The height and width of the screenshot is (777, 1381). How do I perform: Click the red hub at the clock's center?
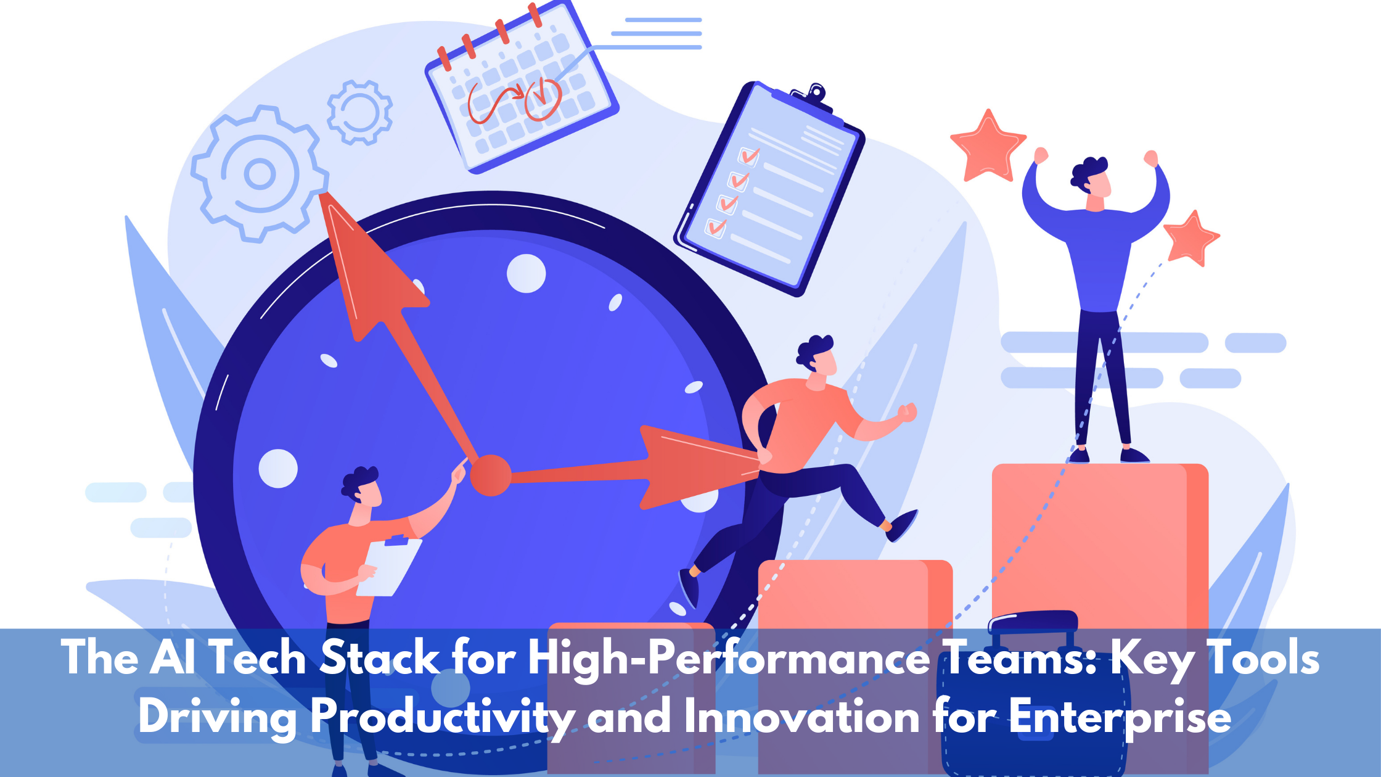coord(491,475)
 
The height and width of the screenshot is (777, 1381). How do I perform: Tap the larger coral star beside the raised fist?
coord(988,148)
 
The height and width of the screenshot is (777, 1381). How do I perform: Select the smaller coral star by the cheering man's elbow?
coord(1191,238)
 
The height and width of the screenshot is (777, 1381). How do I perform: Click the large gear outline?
coord(260,173)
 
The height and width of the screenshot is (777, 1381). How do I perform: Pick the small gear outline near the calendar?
coord(359,112)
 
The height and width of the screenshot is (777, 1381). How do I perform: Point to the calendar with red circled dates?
coord(522,89)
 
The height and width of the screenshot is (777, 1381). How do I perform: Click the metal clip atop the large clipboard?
coord(813,96)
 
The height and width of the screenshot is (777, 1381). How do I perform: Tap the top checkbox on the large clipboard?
coord(749,155)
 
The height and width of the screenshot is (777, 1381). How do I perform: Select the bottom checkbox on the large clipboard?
coord(715,227)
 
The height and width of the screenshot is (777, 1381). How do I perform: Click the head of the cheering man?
coord(1092,179)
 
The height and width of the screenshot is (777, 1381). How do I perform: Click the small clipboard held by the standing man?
coord(388,566)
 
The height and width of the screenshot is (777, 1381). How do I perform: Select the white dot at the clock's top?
coord(526,273)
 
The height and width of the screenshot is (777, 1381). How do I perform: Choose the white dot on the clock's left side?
coord(278,469)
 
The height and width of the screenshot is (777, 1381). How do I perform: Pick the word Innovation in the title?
coord(801,717)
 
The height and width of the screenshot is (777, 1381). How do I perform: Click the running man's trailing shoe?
coord(689,588)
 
